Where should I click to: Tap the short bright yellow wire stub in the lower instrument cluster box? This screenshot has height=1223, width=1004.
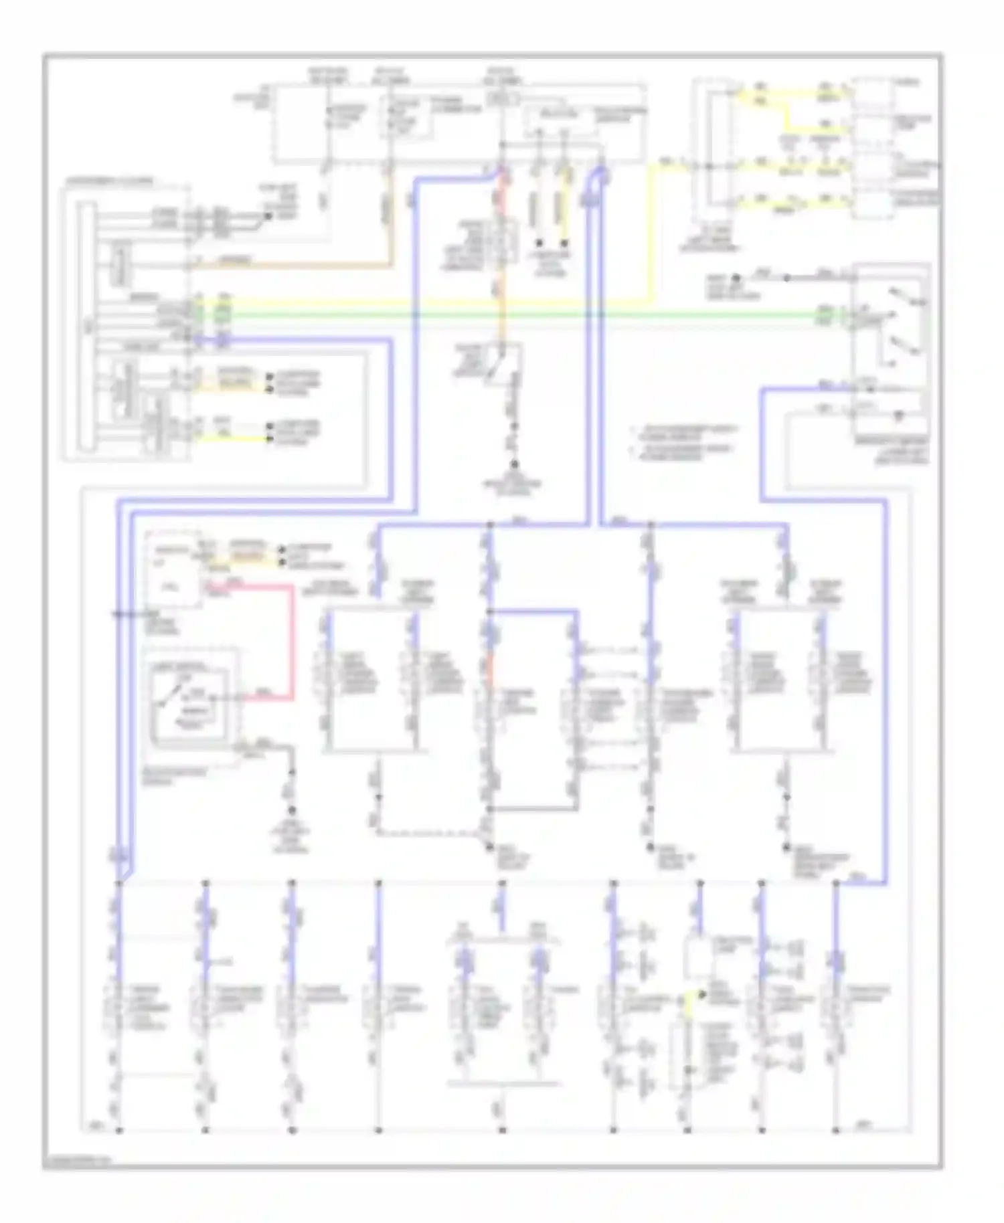pyautogui.click(x=241, y=439)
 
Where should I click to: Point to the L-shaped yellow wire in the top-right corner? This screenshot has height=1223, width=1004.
pyautogui.click(x=786, y=114)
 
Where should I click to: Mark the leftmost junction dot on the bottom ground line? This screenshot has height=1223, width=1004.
pyautogui.click(x=119, y=1130)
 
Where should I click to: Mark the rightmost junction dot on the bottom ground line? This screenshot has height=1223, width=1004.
pyautogui.click(x=836, y=1130)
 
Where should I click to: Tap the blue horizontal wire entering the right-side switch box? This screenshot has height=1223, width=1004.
pyautogui.click(x=803, y=388)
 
